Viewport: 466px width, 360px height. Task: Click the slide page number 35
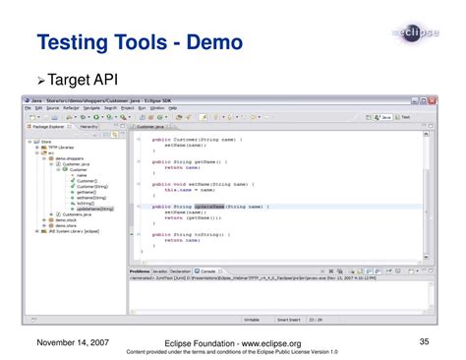click(x=424, y=339)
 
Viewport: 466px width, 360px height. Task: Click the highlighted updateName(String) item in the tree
click(x=94, y=209)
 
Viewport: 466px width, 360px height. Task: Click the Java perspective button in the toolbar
click(x=413, y=116)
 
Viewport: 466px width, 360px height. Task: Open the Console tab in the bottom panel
click(x=207, y=270)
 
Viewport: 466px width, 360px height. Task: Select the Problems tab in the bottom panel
click(x=139, y=270)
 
